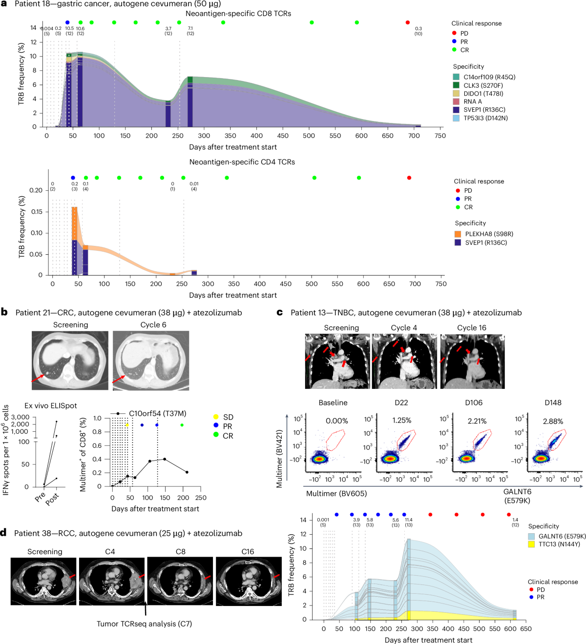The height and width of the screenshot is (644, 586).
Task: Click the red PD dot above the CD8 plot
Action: [x=408, y=22]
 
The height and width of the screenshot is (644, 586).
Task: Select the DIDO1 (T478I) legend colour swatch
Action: [x=456, y=93]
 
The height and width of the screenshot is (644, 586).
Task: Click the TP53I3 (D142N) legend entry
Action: [x=485, y=118]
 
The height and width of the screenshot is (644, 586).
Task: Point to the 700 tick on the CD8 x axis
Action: [x=414, y=136]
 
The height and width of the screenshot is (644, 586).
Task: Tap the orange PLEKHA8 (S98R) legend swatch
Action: [x=458, y=234]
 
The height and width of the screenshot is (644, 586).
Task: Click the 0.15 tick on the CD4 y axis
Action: [x=37, y=212]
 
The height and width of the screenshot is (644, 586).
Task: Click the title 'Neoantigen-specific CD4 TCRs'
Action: [x=242, y=162]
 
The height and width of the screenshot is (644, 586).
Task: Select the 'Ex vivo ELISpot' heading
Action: [x=51, y=405]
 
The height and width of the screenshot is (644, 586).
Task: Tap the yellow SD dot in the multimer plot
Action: [x=127, y=425]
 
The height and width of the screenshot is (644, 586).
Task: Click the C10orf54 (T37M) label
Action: [x=157, y=413]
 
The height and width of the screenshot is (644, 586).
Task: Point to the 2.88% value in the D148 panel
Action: [x=553, y=421]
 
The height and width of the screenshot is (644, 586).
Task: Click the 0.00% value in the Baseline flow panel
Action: [x=337, y=421]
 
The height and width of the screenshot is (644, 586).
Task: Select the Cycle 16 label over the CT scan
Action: [x=471, y=328]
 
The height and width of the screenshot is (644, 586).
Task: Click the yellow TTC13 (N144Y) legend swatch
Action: [x=532, y=544]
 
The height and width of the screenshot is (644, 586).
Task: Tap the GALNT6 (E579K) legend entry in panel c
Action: [x=562, y=536]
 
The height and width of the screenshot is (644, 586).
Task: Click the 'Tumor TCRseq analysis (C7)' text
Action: [x=144, y=624]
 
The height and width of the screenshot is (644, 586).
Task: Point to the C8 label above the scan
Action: [x=181, y=552]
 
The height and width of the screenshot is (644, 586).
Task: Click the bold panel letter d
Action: [x=4, y=533]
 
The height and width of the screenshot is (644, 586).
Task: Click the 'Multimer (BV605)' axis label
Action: [x=336, y=493]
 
